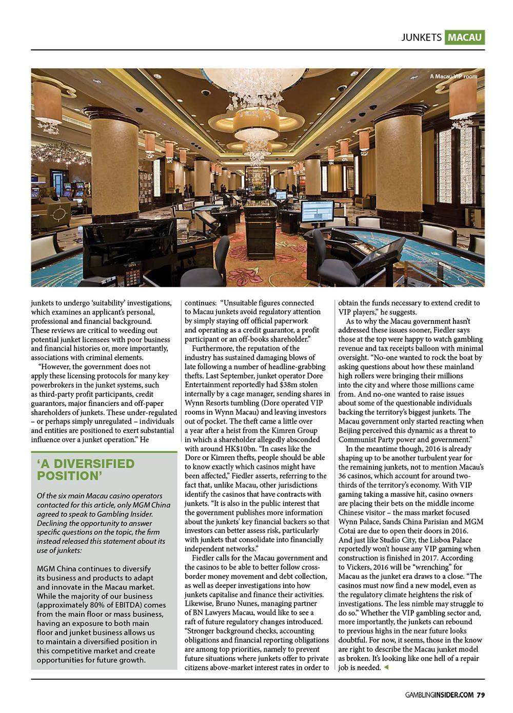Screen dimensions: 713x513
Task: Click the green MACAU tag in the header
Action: [x=465, y=37]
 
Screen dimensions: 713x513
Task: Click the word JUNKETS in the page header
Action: [x=421, y=37]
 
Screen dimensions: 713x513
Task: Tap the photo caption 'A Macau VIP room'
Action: [x=453, y=76]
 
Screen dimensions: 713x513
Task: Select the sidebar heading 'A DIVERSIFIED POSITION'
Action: [x=86, y=470]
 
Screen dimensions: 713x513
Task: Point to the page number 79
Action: [x=481, y=695]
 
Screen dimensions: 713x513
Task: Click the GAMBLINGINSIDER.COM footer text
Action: [x=439, y=695]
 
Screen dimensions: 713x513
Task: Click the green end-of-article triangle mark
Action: [x=386, y=668]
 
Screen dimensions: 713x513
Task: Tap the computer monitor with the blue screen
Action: [x=317, y=210]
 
